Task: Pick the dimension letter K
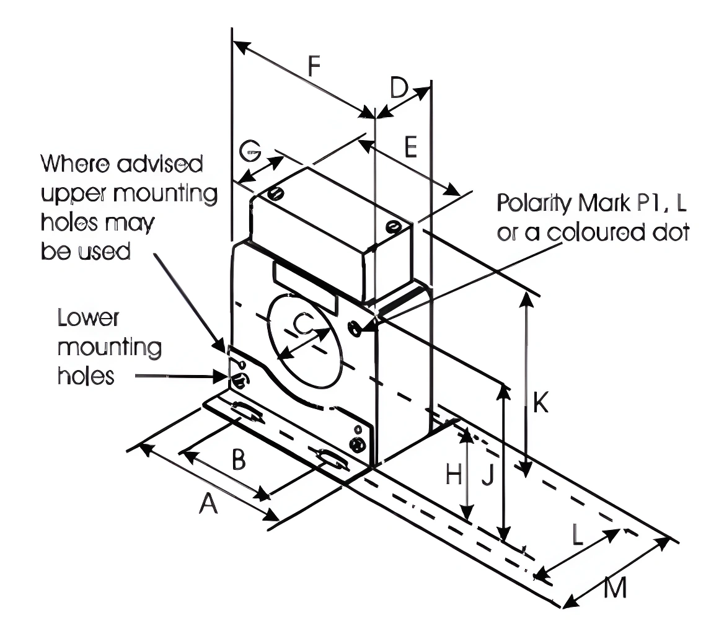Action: pyautogui.click(x=541, y=404)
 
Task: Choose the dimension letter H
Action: pyautogui.click(x=454, y=475)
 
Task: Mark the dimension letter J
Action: pyautogui.click(x=487, y=475)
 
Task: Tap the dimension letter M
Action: pyautogui.click(x=614, y=588)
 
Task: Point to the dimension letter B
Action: pyautogui.click(x=238, y=461)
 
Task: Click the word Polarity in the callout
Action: pyautogui.click(x=532, y=203)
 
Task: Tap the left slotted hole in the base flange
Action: pyautogui.click(x=247, y=412)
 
